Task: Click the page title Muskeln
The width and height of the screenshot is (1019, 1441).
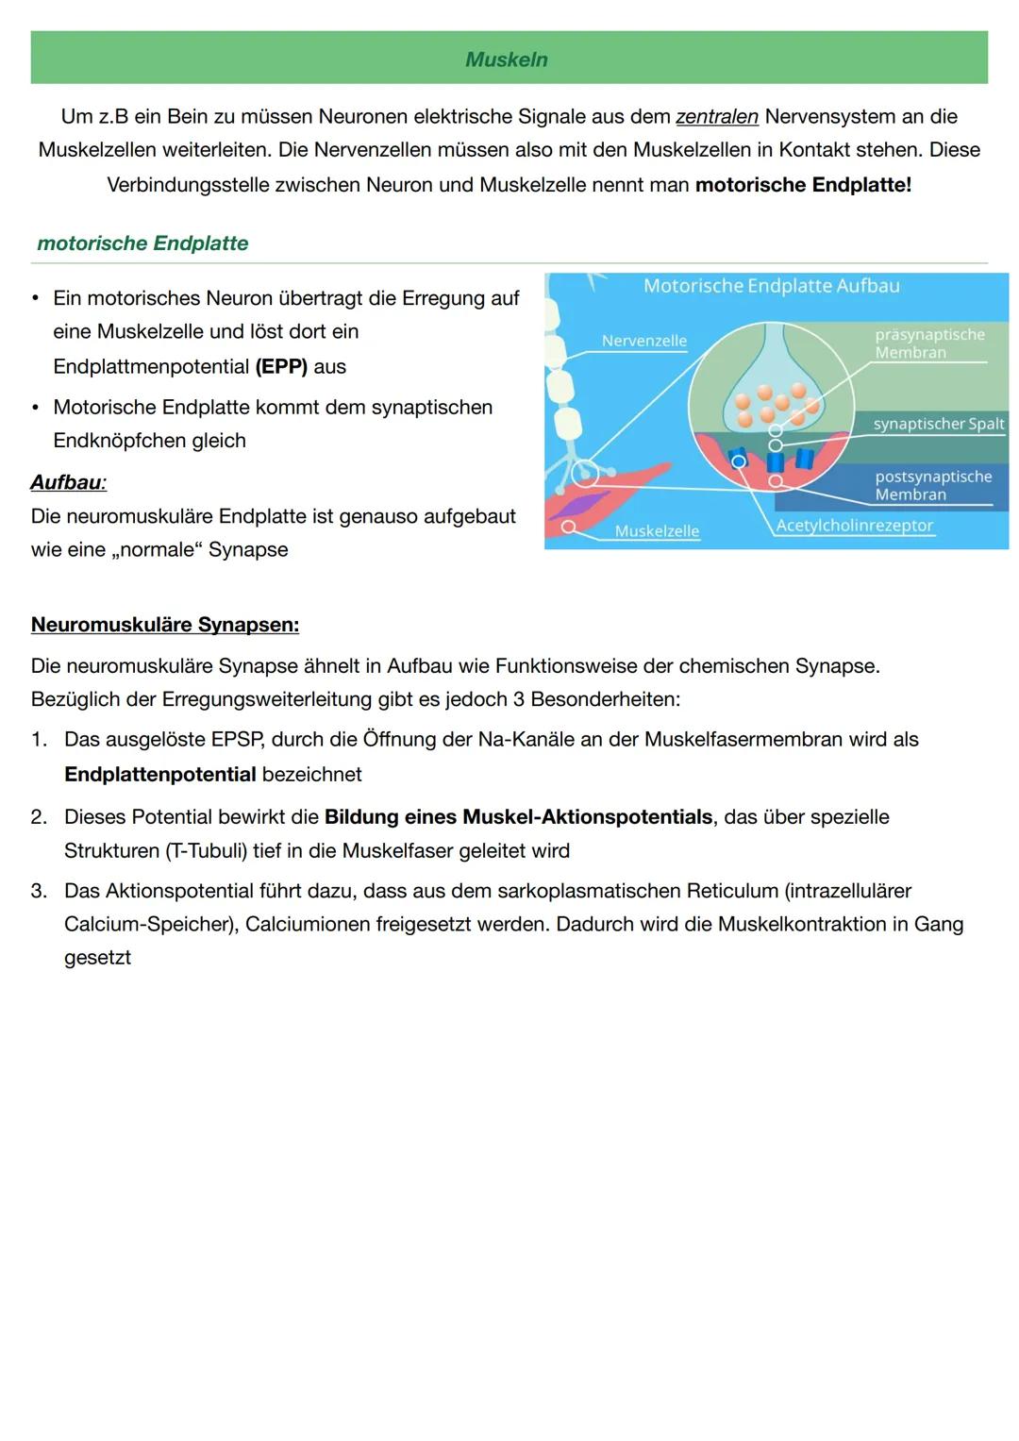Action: [x=507, y=59]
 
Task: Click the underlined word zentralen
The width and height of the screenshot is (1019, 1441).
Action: [x=716, y=117]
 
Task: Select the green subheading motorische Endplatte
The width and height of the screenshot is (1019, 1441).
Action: [x=142, y=243]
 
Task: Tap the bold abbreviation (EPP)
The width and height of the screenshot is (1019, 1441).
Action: [x=281, y=366]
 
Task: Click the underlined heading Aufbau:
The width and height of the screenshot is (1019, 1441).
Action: [x=68, y=482]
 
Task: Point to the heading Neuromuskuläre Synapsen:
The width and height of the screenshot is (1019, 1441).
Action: [x=165, y=625]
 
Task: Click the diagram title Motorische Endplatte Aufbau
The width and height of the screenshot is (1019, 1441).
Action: [x=771, y=286]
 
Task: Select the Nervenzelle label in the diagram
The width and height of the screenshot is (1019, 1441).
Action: [x=644, y=341]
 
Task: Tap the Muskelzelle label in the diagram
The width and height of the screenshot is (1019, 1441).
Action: [x=657, y=531]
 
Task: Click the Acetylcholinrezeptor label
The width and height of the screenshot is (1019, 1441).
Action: [x=854, y=526]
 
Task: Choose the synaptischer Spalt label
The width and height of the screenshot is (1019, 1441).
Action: [x=938, y=424]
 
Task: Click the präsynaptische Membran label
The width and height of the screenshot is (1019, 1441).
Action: [x=928, y=343]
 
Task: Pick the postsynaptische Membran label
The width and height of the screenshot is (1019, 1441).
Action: [x=932, y=485]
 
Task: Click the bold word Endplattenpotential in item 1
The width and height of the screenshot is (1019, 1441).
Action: [x=160, y=775]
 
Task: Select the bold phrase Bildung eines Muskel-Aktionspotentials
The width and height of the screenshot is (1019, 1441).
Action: [x=518, y=817]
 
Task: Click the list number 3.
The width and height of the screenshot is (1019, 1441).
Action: [x=38, y=892]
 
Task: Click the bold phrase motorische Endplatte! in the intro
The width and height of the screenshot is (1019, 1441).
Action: [x=803, y=185]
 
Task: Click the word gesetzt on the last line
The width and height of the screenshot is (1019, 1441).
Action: [x=97, y=958]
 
